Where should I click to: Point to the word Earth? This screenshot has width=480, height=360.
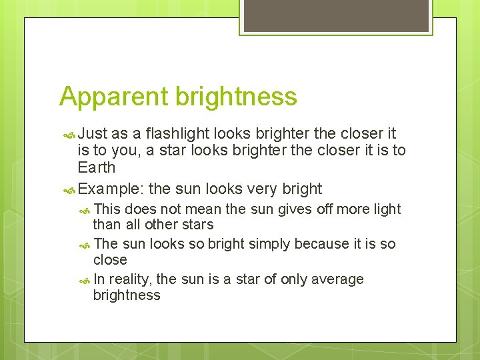click(x=97, y=167)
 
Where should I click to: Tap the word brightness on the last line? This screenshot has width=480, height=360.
click(x=127, y=295)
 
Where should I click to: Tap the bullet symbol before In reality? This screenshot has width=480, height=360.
click(x=85, y=280)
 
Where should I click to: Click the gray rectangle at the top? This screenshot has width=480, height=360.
click(x=335, y=16)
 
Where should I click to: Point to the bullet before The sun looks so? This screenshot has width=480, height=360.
click(x=85, y=245)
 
